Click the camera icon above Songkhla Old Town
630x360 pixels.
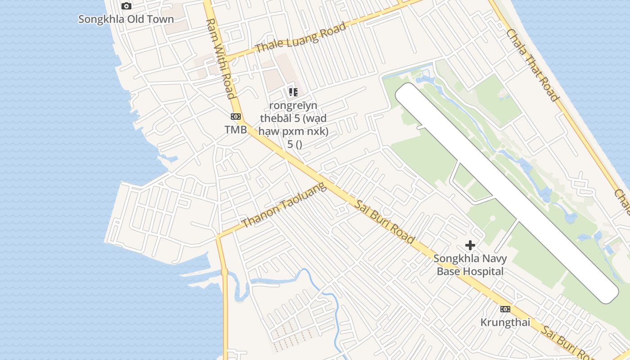[x=126, y=6]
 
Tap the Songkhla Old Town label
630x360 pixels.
[x=126, y=19]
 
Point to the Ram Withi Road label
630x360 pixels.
[x=220, y=58]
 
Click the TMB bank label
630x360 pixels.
[x=236, y=130]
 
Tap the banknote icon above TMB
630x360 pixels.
[x=236, y=117]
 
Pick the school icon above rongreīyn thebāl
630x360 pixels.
[x=293, y=92]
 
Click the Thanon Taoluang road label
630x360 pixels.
[x=283, y=205]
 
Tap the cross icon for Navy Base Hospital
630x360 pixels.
[x=470, y=245]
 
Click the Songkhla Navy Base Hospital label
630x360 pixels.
[x=470, y=265]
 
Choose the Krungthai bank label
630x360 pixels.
[x=505, y=323]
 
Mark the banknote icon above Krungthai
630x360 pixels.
[x=505, y=309]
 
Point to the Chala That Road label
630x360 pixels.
[x=532, y=65]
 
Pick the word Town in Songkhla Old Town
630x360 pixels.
[x=162, y=19]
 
